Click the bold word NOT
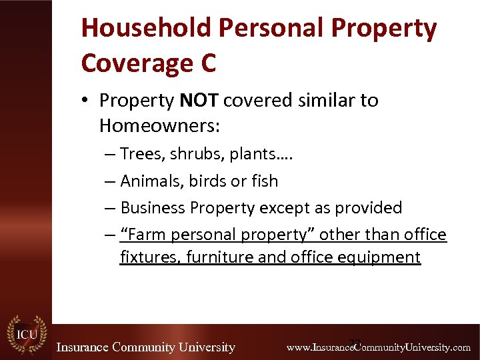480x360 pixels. (199, 101)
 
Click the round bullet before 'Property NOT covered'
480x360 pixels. (87, 101)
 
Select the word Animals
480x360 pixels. (151, 181)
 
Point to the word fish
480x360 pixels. (265, 181)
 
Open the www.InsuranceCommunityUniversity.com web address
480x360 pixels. (378, 347)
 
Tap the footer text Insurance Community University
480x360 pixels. (145, 347)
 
